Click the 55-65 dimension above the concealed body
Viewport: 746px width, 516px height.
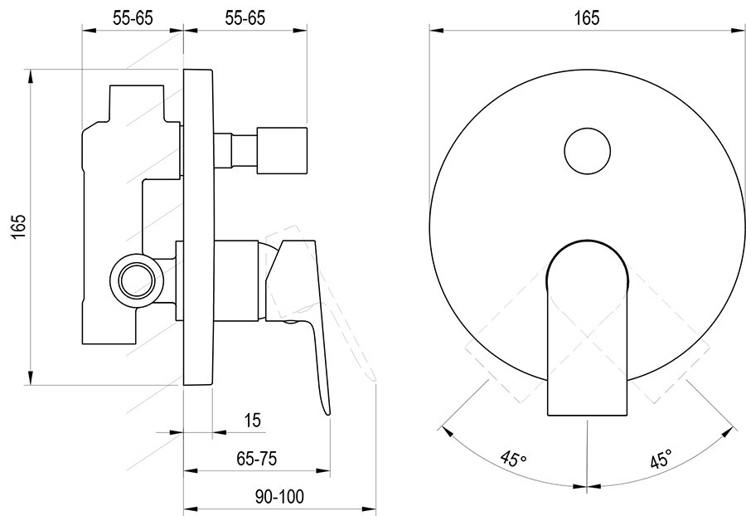[133, 17]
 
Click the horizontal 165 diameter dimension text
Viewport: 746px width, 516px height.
[585, 17]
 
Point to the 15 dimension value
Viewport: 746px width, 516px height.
[253, 421]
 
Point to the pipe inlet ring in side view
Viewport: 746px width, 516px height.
[133, 278]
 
